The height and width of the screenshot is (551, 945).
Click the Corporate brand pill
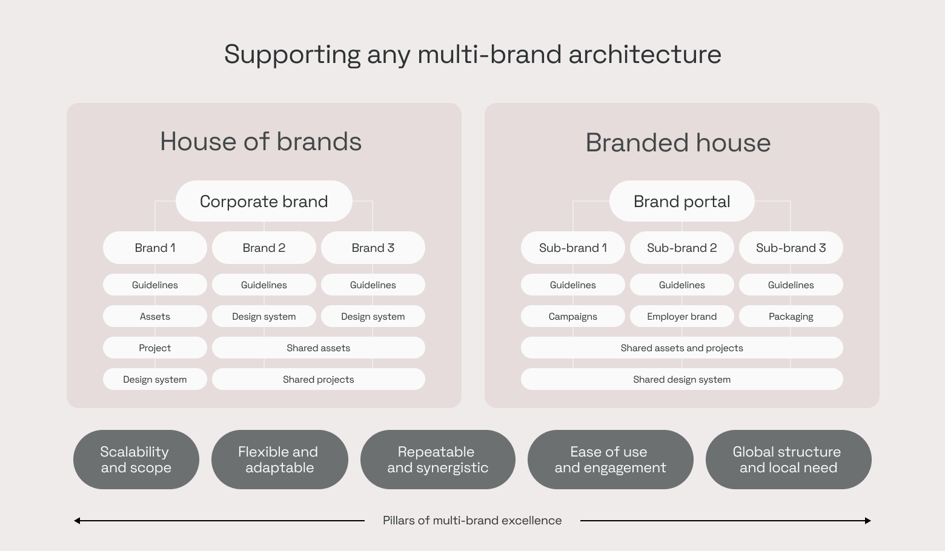point(264,201)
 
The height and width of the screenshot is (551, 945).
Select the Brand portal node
point(681,201)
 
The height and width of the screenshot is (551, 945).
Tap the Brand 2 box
point(264,248)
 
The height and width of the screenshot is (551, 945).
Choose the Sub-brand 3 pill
point(791,248)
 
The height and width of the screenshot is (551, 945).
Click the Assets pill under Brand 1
point(155,316)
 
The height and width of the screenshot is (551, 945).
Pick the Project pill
point(155,348)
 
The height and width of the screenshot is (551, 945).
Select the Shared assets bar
point(319,348)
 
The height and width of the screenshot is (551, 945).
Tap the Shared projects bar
point(319,380)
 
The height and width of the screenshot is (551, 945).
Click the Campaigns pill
point(573,316)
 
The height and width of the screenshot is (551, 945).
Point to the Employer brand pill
point(681,316)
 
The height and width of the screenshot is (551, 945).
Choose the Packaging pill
point(791,316)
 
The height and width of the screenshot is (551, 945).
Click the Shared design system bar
point(681,380)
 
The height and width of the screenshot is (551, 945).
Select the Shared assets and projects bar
point(681,348)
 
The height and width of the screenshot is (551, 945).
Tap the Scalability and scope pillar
point(136,460)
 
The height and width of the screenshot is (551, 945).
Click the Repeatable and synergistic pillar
point(438,460)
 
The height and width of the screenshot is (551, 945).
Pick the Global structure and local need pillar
point(789,460)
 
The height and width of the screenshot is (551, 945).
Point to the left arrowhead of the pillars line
point(75,521)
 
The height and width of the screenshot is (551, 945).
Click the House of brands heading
point(260,141)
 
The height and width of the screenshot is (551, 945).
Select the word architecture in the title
point(645,54)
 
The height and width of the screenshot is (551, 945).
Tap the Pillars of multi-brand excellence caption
point(472,521)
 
